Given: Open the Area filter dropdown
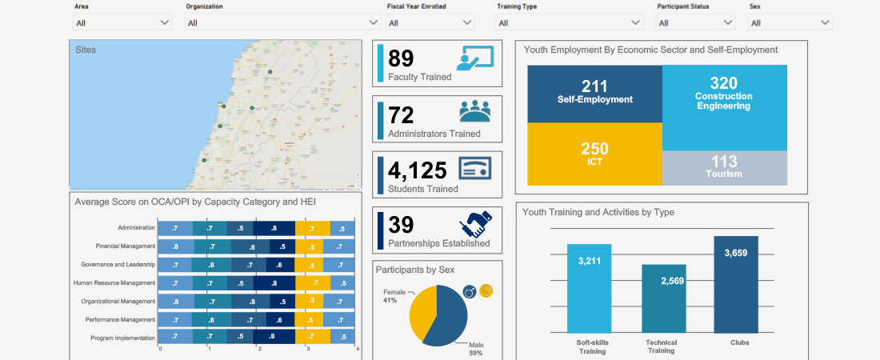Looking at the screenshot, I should coord(122,23).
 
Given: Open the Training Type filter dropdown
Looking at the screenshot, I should coord(569,23).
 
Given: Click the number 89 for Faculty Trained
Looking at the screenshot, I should coord(401,58).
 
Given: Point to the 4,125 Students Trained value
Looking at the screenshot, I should coord(418,170).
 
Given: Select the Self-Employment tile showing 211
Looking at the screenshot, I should coord(594,93).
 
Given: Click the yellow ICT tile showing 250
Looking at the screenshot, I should coord(594,154).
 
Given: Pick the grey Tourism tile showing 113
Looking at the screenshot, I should coord(724,168).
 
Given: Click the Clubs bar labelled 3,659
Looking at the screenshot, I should coord(735,284).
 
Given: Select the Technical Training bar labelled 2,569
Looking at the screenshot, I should coord(663,298).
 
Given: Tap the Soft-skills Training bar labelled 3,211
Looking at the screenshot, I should coord(589,288).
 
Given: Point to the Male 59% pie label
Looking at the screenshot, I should coord(476,348).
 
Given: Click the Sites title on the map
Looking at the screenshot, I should coord(86,50).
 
